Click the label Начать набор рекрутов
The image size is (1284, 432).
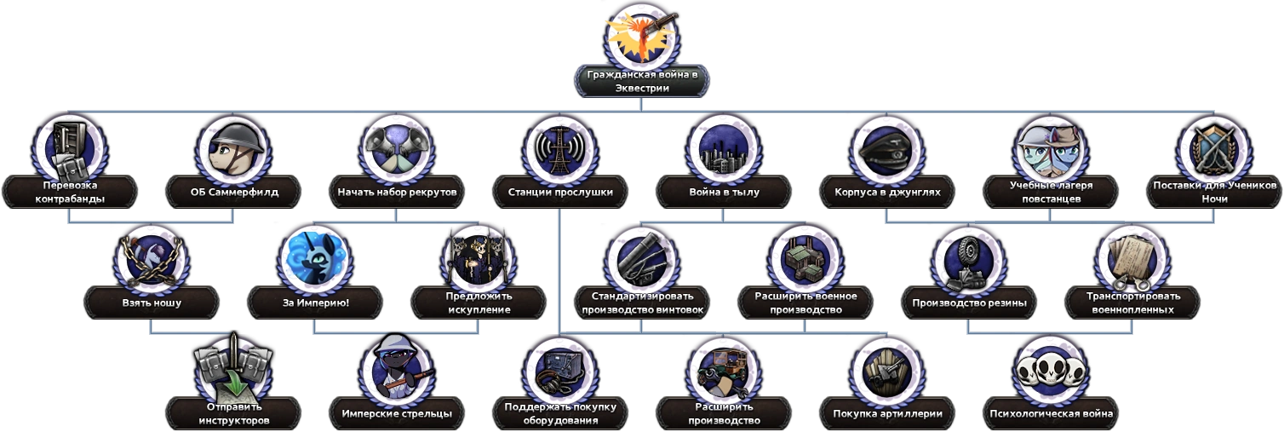(x=397, y=192)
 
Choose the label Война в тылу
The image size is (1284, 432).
(x=724, y=192)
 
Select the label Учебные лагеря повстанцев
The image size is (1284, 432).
(x=1051, y=192)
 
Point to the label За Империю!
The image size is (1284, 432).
(x=315, y=302)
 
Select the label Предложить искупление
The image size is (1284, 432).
(x=479, y=302)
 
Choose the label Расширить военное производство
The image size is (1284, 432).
(x=805, y=302)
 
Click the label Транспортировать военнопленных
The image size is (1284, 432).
(x=1132, y=302)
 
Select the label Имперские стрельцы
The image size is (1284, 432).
(x=397, y=413)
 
